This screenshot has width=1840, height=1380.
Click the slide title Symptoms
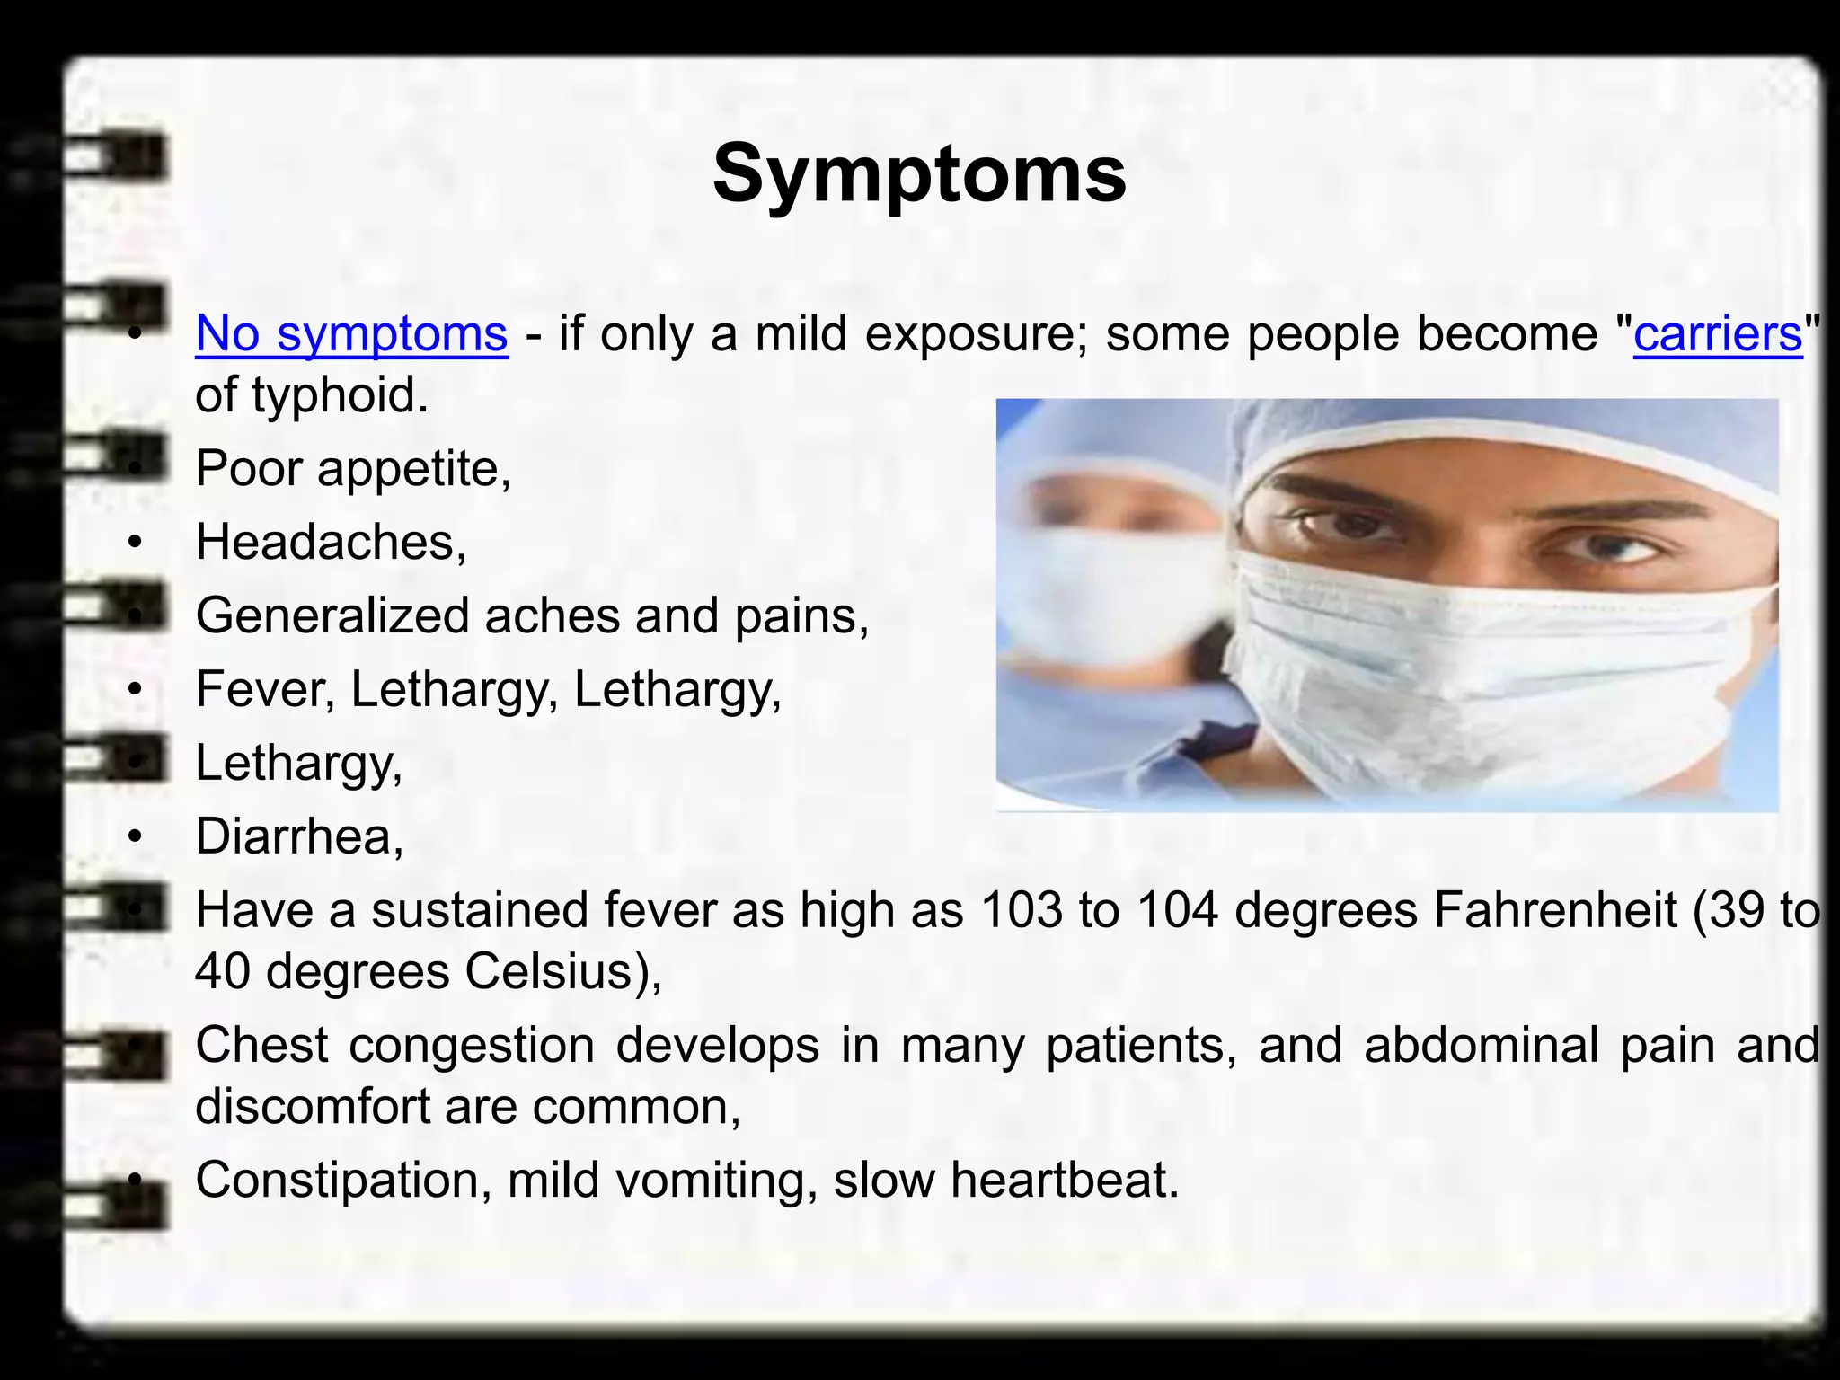point(919,173)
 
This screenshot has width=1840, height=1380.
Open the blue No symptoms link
point(351,333)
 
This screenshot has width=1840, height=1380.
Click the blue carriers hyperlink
point(1717,333)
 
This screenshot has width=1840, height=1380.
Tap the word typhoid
point(334,394)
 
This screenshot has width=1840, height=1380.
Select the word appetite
point(414,468)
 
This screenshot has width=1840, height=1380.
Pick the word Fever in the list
point(264,689)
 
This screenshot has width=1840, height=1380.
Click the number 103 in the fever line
point(1022,910)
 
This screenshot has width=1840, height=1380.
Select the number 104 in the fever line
point(1177,910)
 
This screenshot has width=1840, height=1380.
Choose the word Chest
point(261,1045)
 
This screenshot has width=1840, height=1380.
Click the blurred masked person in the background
point(1114,575)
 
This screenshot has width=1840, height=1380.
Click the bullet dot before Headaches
point(135,543)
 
